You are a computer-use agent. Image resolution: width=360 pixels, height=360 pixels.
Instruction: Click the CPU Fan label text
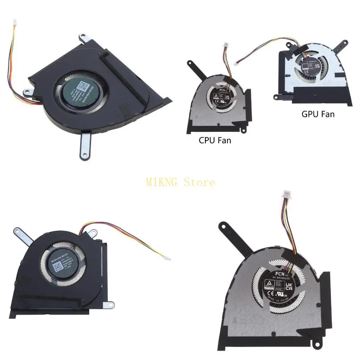[215, 140]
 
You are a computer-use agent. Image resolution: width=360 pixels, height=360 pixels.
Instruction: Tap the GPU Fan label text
[318, 114]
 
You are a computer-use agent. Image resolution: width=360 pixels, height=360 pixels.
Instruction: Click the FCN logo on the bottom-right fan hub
[280, 273]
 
